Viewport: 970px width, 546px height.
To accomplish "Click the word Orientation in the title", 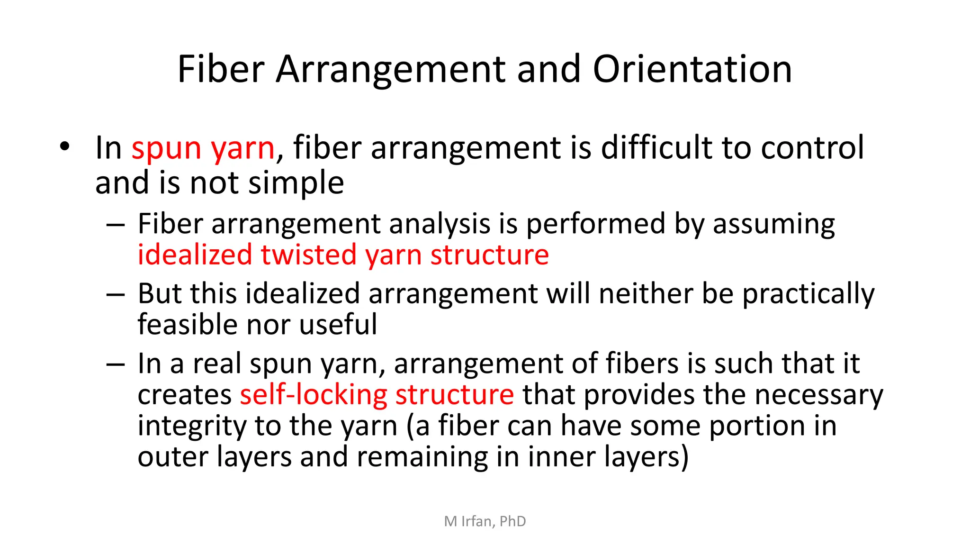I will tap(692, 69).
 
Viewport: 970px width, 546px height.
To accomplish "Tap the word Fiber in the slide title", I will tap(221, 69).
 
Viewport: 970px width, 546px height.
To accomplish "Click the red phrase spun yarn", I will tap(203, 148).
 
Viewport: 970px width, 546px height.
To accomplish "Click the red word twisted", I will tap(308, 255).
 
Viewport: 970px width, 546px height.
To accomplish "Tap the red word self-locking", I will tap(314, 395).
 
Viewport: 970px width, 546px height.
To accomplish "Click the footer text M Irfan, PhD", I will tap(485, 521).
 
